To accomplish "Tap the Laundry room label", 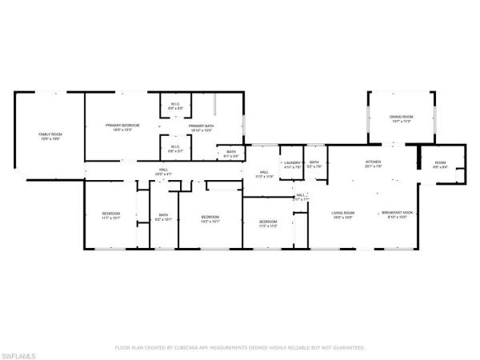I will click(x=292, y=164).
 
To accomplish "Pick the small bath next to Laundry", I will click(x=315, y=164).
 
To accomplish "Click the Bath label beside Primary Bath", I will click(x=230, y=154).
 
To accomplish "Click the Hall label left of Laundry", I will click(x=262, y=174).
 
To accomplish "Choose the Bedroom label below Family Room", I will click(x=110, y=214).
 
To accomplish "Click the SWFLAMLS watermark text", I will click(x=19, y=353).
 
